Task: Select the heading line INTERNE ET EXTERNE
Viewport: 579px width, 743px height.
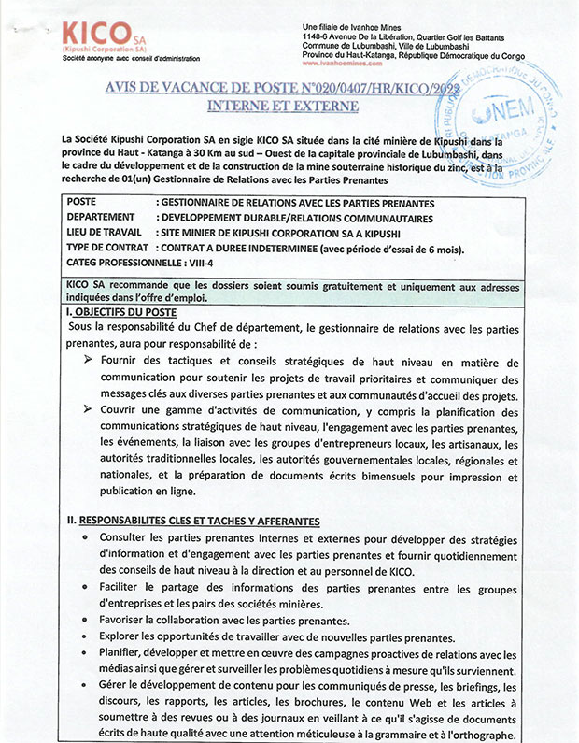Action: (282, 106)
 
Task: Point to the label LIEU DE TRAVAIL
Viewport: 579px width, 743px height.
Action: (105, 233)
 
